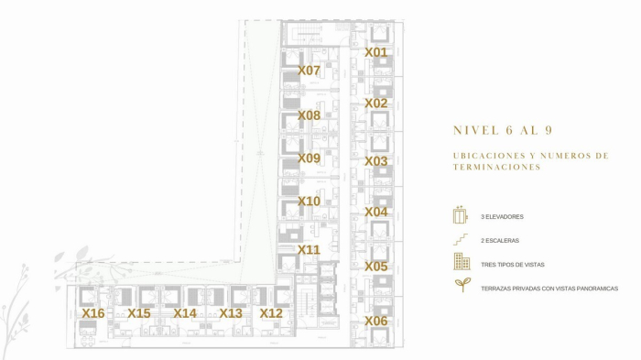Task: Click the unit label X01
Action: coord(375,53)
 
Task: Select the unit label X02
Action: coord(375,104)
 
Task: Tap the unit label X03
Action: coord(375,161)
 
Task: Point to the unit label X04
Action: coord(375,213)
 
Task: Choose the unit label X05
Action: coord(375,267)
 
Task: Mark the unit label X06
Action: coord(375,322)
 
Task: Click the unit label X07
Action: coord(309,71)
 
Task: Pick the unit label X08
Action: coord(309,116)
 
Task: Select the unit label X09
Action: coord(309,158)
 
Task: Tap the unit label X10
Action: coord(309,202)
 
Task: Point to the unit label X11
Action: coord(309,249)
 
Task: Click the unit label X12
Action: coord(271,313)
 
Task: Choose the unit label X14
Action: coord(185,313)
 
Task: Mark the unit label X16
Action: coord(92,313)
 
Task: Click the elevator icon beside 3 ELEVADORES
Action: coord(461,216)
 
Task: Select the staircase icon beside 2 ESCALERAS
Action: coord(461,240)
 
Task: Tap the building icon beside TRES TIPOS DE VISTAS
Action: coord(462,263)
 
